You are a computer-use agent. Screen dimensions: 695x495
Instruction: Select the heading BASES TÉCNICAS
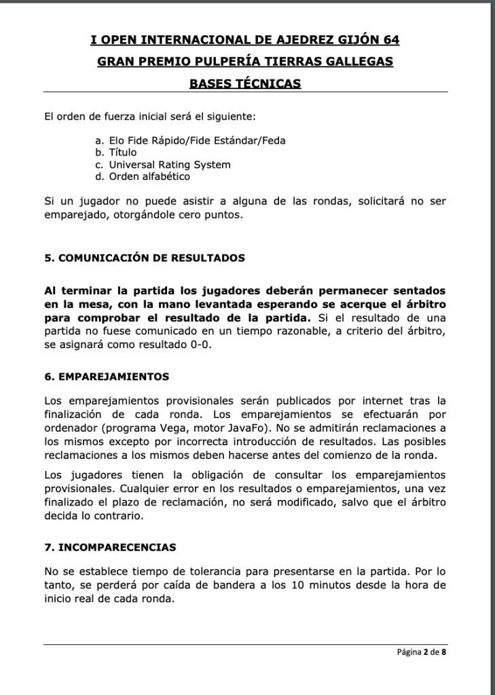(x=245, y=83)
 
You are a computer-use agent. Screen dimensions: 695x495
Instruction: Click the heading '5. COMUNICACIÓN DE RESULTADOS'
(x=145, y=258)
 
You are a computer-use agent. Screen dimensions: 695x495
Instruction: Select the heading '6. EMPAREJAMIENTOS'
(x=107, y=376)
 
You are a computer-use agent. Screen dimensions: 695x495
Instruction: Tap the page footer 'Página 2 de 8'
(x=422, y=653)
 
